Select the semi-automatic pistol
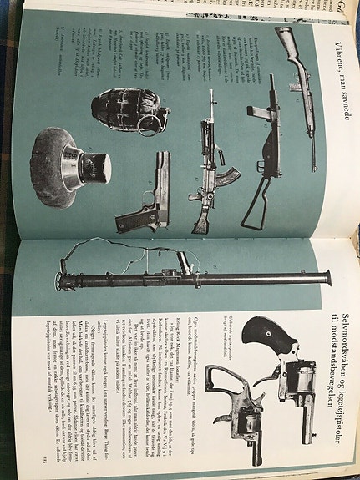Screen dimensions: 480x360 [x=147, y=197]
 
